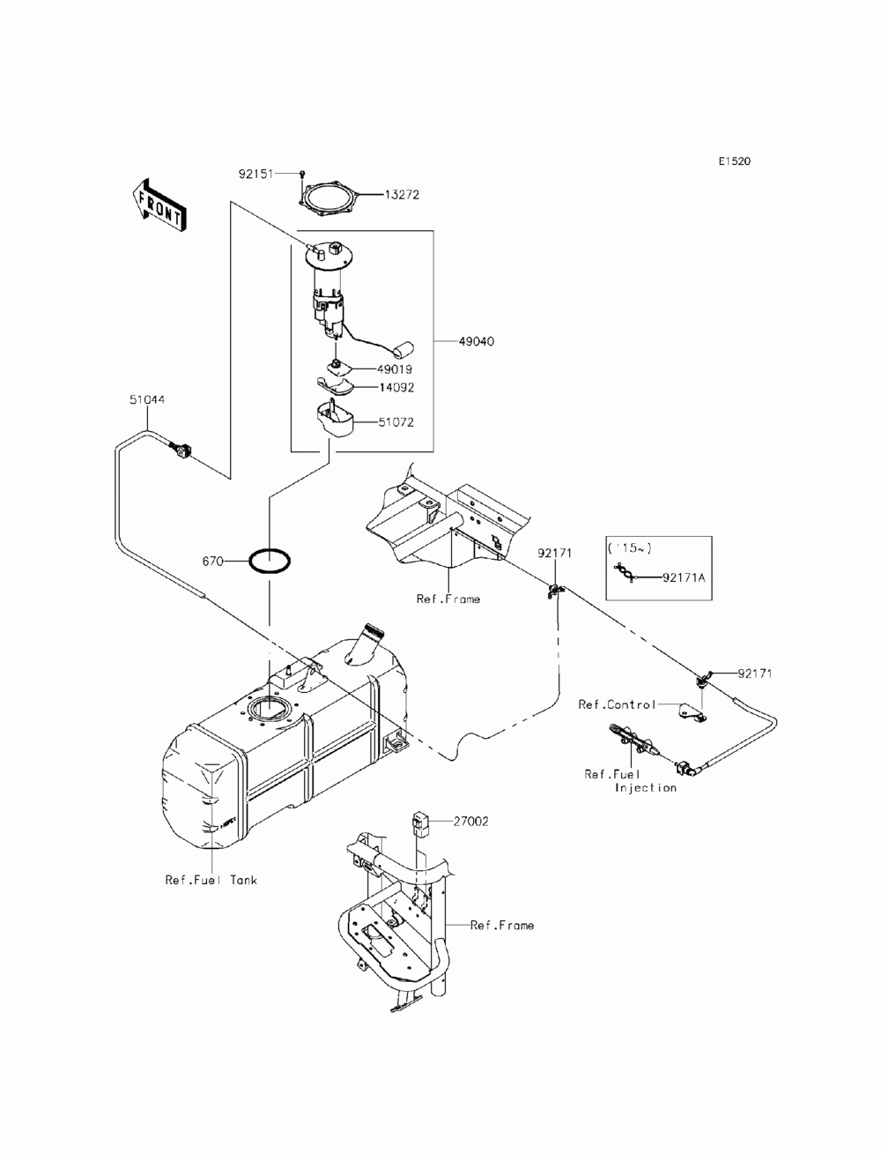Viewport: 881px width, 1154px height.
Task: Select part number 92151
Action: tap(255, 173)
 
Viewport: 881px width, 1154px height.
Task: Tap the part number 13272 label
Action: tap(402, 195)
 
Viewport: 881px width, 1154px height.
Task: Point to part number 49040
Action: tap(476, 341)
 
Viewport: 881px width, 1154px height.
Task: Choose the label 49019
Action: tap(394, 369)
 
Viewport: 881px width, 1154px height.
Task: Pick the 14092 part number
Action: tap(396, 388)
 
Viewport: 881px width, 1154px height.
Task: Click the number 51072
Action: tap(396, 422)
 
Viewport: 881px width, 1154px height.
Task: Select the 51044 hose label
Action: tap(147, 399)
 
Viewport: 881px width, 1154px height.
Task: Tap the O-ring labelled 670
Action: tap(270, 561)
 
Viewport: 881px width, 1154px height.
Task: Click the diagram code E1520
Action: tap(735, 161)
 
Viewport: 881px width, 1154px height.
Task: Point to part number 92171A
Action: tap(684, 577)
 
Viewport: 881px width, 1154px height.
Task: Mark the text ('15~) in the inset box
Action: tap(629, 548)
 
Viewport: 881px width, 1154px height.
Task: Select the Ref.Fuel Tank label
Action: tap(211, 880)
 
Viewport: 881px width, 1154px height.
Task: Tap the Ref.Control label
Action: tap(617, 704)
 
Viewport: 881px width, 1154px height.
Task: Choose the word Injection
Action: tap(645, 787)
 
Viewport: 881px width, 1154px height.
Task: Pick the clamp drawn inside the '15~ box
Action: tap(626, 572)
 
